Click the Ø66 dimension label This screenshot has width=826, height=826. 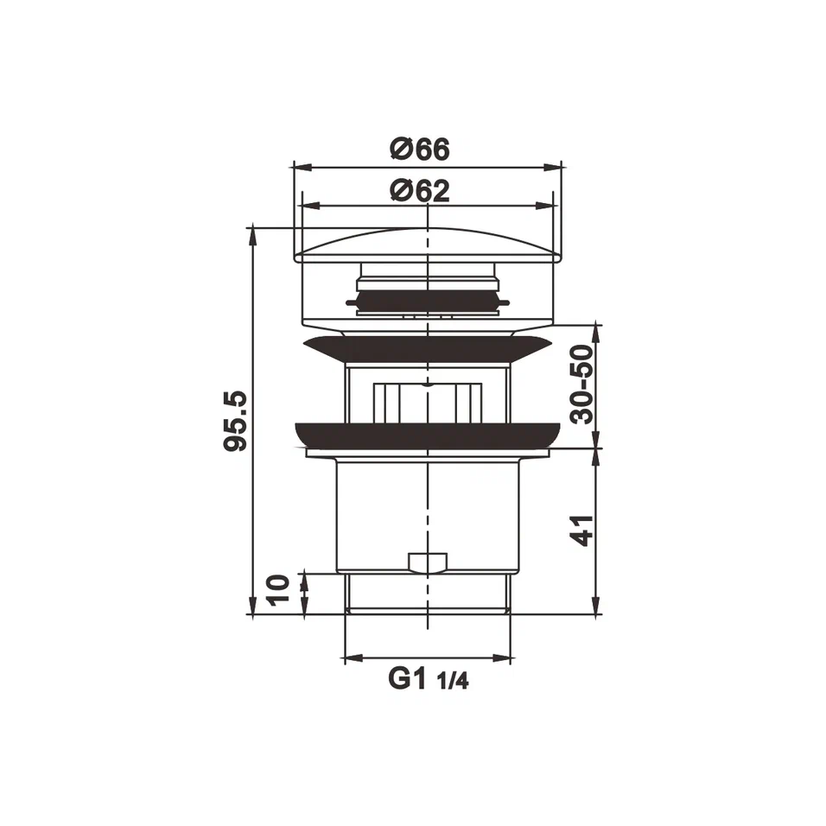click(420, 149)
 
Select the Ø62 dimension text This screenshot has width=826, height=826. click(420, 190)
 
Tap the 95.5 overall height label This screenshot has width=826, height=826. click(235, 421)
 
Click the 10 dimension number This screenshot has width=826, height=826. click(279, 592)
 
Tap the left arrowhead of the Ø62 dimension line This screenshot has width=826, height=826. click(304, 206)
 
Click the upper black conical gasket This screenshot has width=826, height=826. click(427, 349)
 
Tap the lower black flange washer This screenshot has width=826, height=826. click(427, 435)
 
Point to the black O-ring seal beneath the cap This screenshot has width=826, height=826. click(427, 302)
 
